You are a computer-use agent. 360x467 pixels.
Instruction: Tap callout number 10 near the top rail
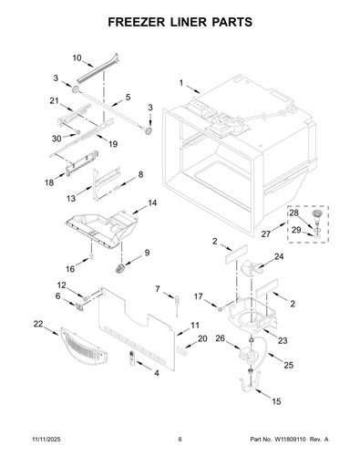click(x=77, y=57)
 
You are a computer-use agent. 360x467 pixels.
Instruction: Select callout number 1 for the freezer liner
click(x=181, y=83)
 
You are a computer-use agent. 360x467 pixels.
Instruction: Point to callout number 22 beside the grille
click(x=38, y=324)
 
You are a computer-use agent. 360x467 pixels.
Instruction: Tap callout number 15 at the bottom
click(x=276, y=401)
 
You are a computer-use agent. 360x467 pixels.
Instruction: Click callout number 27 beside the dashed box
click(x=266, y=234)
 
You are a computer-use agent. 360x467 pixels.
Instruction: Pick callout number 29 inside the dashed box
click(x=296, y=230)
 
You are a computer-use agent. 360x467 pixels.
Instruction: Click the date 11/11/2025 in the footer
click(x=46, y=440)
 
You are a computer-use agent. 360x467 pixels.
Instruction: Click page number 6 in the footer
click(x=180, y=440)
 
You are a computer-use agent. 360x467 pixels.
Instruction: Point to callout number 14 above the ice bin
click(x=152, y=202)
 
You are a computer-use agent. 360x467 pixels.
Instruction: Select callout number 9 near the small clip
click(x=147, y=253)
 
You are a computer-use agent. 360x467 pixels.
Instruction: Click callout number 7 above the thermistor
click(x=158, y=289)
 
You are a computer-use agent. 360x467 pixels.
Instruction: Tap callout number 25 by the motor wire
click(x=289, y=365)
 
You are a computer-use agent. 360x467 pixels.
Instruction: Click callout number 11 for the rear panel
click(x=195, y=326)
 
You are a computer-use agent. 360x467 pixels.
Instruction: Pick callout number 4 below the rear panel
click(x=157, y=373)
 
